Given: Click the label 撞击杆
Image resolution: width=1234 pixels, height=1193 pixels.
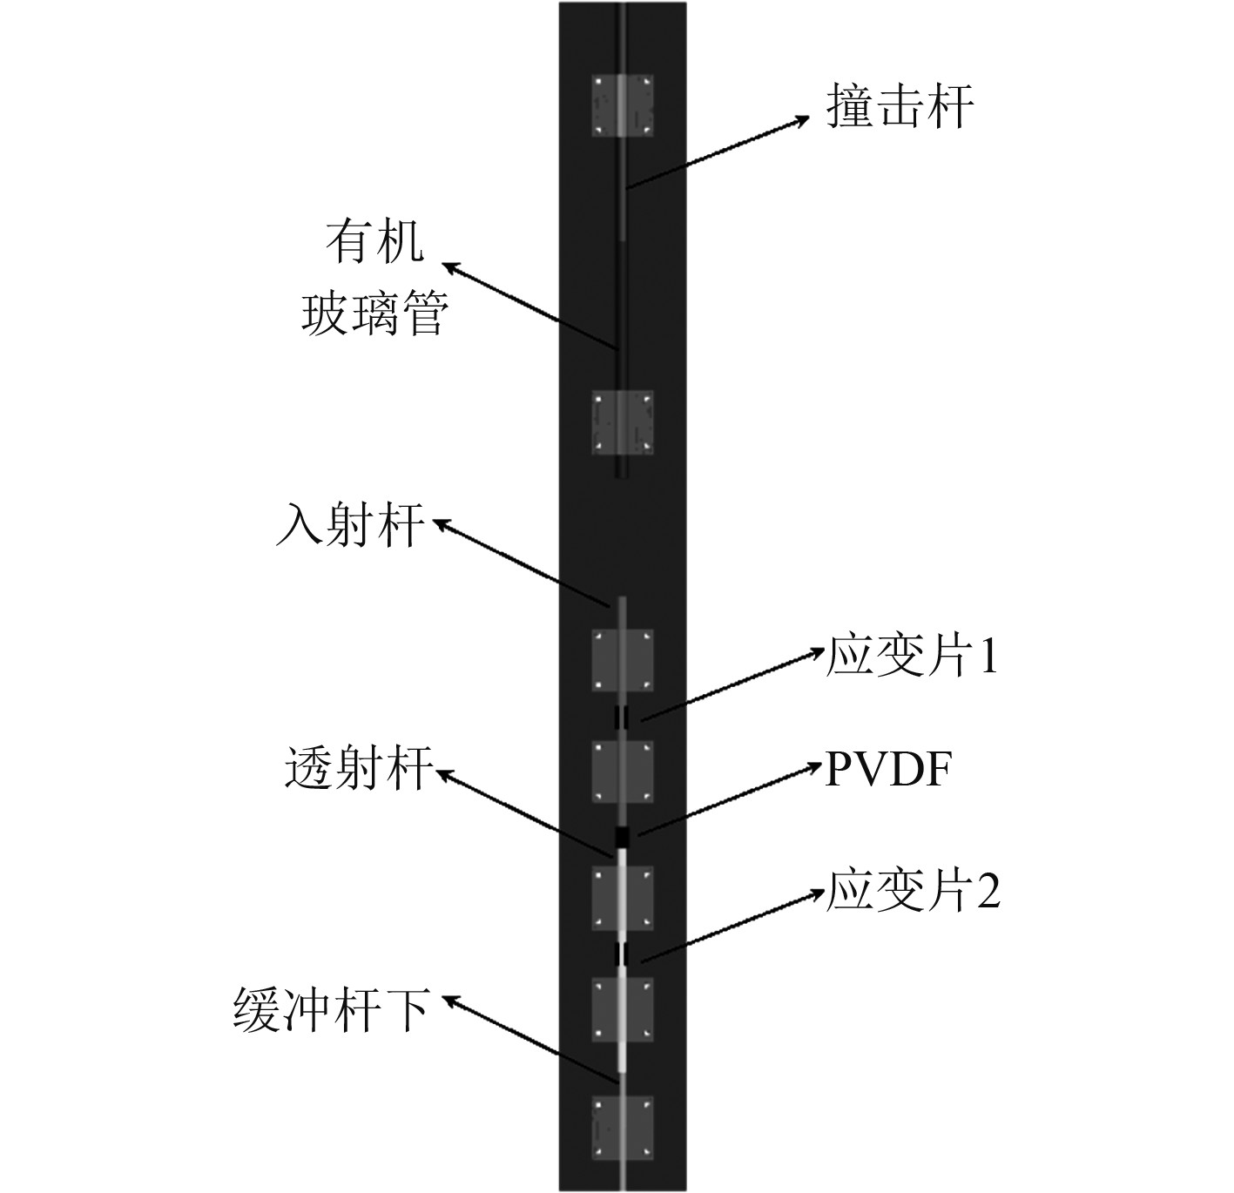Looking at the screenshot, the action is [x=900, y=109].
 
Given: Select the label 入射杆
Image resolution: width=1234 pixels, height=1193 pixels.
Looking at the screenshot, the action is [x=351, y=525].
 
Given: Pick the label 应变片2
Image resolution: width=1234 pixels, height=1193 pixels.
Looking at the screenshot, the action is [x=913, y=892].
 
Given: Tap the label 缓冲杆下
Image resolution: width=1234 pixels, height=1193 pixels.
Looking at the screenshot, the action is [x=331, y=1010].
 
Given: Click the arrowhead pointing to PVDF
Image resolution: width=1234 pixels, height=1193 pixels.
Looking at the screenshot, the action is [x=813, y=764].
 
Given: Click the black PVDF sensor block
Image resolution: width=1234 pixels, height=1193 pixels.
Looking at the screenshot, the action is [x=623, y=837].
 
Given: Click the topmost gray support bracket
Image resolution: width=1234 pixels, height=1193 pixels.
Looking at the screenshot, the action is [x=623, y=104].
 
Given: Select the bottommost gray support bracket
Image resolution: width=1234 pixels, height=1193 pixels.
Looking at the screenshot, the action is [x=623, y=1129].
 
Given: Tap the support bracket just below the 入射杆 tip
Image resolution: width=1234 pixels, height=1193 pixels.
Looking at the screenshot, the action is [x=623, y=660].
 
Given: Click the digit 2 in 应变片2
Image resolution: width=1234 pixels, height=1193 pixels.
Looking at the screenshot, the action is [x=988, y=893].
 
